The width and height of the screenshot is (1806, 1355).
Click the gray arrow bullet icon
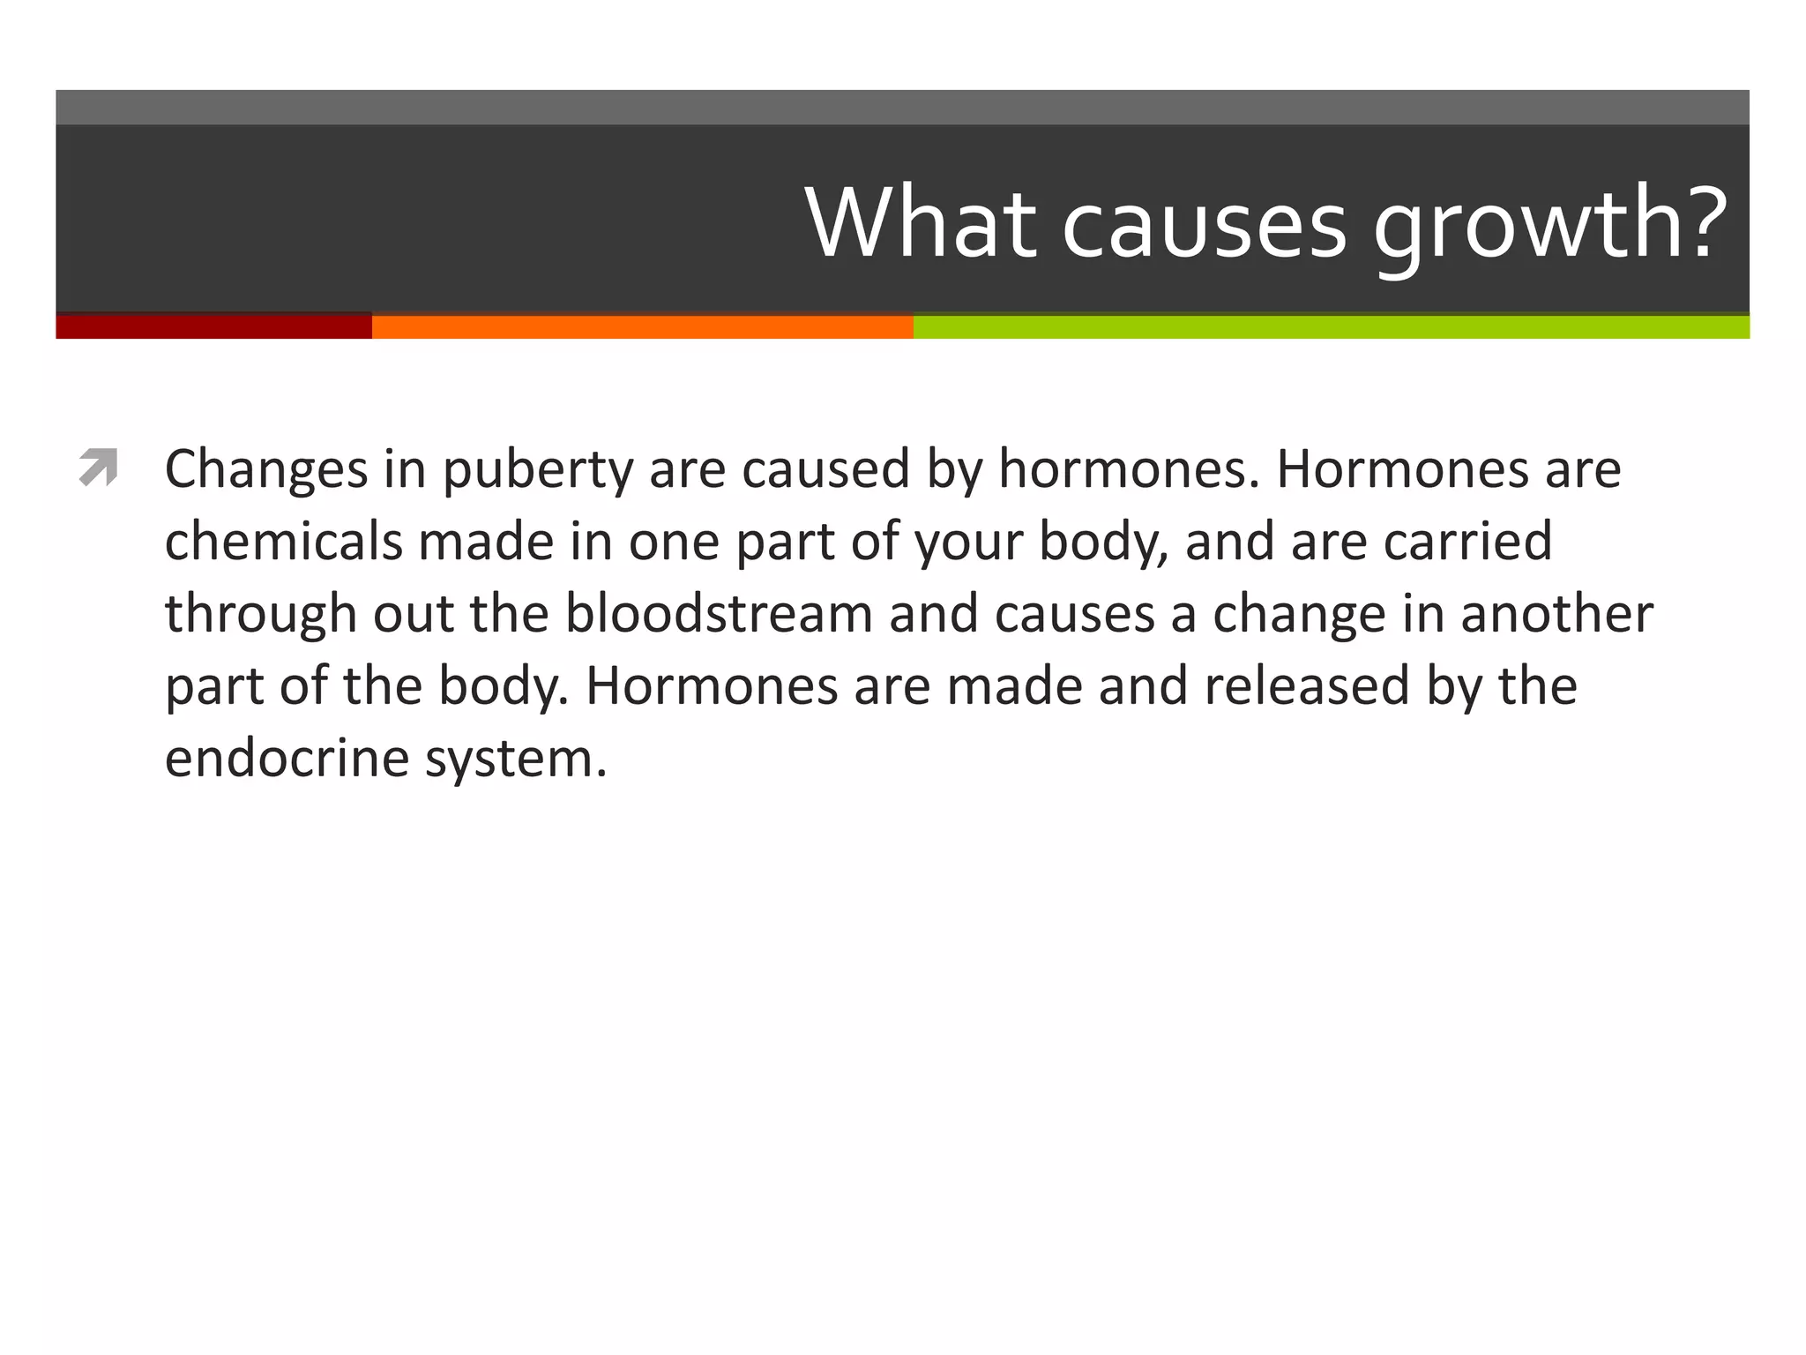[x=98, y=468]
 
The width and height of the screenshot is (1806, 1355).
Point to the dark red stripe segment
[x=213, y=326]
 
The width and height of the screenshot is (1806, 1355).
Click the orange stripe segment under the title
[x=642, y=326]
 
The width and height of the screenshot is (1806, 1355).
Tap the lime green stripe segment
[x=1331, y=326]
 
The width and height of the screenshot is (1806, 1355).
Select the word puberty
[x=537, y=470]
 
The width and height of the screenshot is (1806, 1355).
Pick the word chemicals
[x=283, y=541]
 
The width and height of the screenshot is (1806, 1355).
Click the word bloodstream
[x=719, y=613]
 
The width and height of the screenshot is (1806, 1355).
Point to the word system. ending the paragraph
[x=516, y=760]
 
